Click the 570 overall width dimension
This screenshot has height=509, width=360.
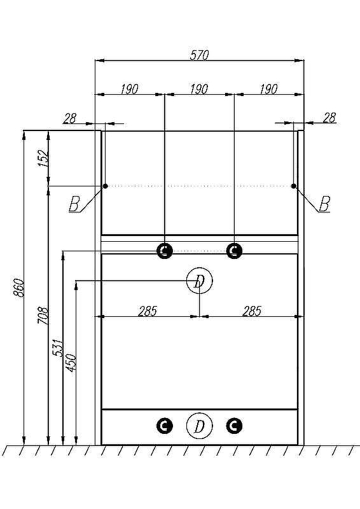pyautogui.click(x=199, y=55)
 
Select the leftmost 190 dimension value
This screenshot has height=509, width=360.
pyautogui.click(x=129, y=89)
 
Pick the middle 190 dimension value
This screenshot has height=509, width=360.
pyautogui.click(x=199, y=89)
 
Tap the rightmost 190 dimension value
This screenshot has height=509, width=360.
pyautogui.click(x=269, y=89)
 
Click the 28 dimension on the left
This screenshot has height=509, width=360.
pyautogui.click(x=69, y=118)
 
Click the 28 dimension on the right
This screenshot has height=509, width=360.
pyautogui.click(x=329, y=118)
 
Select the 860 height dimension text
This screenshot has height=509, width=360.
pyautogui.click(x=18, y=288)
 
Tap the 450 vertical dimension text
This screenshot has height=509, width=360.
pyautogui.click(x=71, y=363)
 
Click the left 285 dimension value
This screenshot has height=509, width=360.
pyautogui.click(x=148, y=311)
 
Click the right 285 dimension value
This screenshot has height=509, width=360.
pyautogui.click(x=252, y=311)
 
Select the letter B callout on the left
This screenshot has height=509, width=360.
pyautogui.click(x=74, y=204)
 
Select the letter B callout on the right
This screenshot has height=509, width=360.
pyautogui.click(x=324, y=204)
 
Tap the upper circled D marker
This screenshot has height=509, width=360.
pyautogui.click(x=199, y=281)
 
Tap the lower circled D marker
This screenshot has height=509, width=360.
pyautogui.click(x=199, y=426)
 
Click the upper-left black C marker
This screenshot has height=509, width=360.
pyautogui.click(x=165, y=251)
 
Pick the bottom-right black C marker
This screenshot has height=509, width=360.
pyautogui.click(x=234, y=426)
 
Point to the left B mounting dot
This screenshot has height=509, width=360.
pyautogui.click(x=106, y=186)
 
